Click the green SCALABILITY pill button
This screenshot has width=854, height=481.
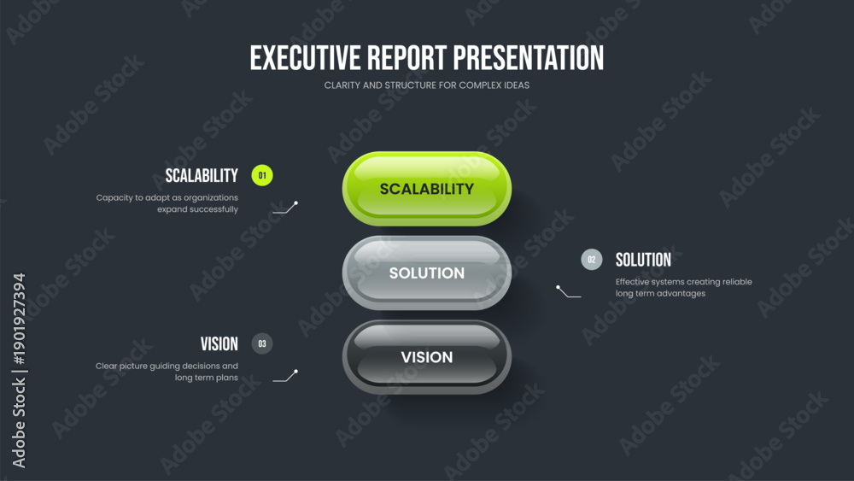point(426,189)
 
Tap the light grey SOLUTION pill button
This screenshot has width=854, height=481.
point(426,273)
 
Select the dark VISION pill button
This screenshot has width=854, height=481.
point(426,357)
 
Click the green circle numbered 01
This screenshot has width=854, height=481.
point(262,175)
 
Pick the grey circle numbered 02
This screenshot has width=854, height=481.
point(592,260)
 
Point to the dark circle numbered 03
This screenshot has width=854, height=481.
point(262,343)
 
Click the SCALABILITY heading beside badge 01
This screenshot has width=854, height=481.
point(202,175)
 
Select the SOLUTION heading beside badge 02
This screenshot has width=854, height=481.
point(643,260)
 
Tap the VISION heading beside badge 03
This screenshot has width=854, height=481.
point(219,343)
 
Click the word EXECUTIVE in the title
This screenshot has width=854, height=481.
point(305,58)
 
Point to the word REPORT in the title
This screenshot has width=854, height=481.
point(407,58)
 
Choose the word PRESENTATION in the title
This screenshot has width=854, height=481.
point(529,58)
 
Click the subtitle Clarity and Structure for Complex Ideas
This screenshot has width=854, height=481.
point(426,85)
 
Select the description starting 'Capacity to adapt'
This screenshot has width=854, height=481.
point(167,203)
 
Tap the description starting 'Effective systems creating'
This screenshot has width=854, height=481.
point(683,288)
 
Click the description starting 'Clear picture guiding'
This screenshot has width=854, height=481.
point(167,372)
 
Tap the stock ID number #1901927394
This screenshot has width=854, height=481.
point(19,320)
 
